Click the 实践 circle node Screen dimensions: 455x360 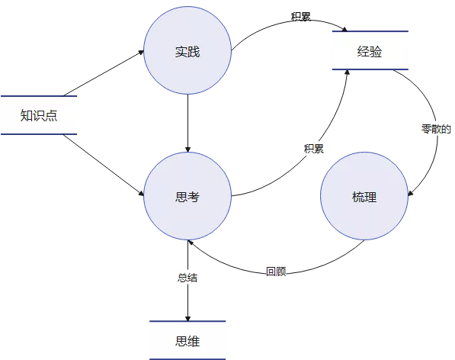click(187, 50)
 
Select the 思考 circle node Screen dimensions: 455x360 click(187, 196)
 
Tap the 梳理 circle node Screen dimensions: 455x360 click(364, 196)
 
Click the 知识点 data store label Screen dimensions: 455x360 click(39, 115)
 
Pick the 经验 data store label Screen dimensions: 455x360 click(370, 51)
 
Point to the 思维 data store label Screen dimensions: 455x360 click(187, 341)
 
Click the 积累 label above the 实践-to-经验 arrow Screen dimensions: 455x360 click(301, 17)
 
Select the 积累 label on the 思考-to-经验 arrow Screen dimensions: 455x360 click(314, 149)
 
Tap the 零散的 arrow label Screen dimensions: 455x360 click(437, 129)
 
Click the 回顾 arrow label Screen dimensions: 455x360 click(276, 272)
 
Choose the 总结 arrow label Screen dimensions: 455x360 click(187, 278)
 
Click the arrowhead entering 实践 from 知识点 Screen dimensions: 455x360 click(141, 53)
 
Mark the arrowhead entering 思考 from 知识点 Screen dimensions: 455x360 click(141, 194)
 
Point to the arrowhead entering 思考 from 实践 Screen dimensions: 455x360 click(187, 149)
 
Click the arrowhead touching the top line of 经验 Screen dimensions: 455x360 click(344, 29)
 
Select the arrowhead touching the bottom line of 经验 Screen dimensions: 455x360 click(347, 72)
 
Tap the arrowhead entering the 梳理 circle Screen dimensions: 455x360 click(411, 193)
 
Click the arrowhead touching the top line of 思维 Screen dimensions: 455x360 click(187, 318)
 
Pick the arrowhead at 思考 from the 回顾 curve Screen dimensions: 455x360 click(191, 243)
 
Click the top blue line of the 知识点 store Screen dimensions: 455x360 click(39, 96)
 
